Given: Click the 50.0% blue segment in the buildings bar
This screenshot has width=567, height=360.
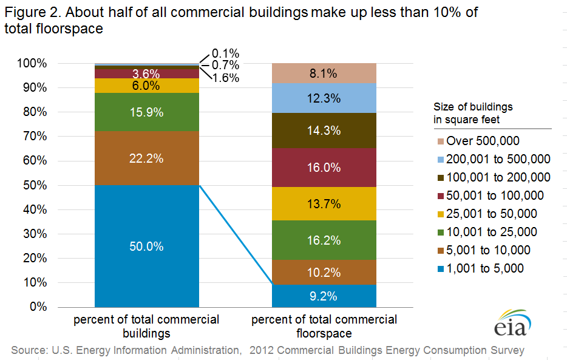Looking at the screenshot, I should click(x=147, y=246).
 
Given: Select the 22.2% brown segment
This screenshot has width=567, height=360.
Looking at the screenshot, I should click(x=147, y=158).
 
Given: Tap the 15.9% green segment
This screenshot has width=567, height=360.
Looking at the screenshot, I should click(x=147, y=112).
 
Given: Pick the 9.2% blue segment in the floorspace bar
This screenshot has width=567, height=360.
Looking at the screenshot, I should click(x=324, y=296).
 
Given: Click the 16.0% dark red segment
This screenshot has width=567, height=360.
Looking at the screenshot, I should click(x=324, y=168).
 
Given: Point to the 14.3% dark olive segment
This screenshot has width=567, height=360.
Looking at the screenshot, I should click(x=324, y=131).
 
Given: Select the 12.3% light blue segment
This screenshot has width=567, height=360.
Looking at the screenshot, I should click(x=324, y=98).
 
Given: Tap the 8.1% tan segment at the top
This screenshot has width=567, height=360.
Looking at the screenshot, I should click(x=324, y=73).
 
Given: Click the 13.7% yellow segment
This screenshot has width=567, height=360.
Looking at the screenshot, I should click(x=324, y=203).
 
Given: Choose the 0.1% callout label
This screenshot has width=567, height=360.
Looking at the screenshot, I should click(x=225, y=53).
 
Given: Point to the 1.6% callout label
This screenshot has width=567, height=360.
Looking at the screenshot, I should click(x=225, y=78).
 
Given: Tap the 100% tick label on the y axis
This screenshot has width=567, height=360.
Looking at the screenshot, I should click(x=32, y=63).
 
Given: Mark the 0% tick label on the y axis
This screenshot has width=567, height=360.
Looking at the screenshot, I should click(x=37, y=307).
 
